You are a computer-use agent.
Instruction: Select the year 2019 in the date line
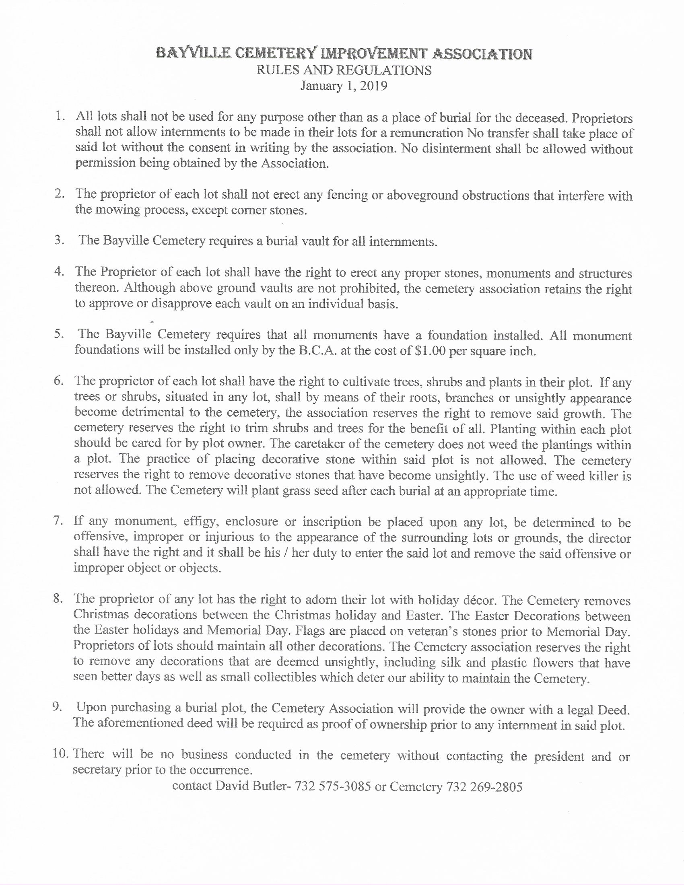[x=373, y=86]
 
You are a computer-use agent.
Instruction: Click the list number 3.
[x=59, y=239]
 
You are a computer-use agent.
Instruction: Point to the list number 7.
[x=58, y=521]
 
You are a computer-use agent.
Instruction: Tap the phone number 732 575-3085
[x=333, y=786]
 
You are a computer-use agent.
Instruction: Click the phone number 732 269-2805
[x=484, y=787]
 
